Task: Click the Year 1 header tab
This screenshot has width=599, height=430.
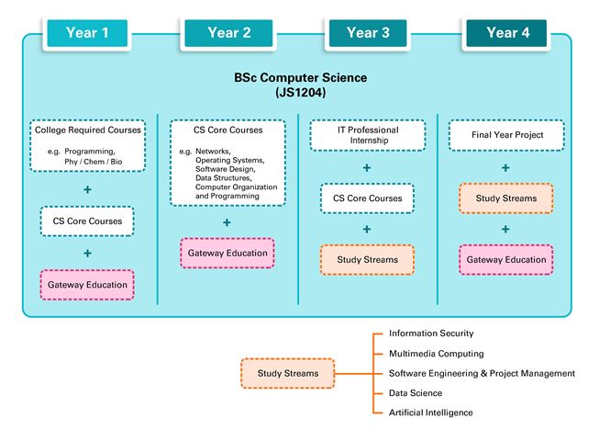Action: pyautogui.click(x=88, y=34)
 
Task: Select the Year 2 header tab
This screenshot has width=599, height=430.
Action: pyautogui.click(x=228, y=34)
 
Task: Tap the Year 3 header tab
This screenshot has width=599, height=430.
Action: pyautogui.click(x=368, y=34)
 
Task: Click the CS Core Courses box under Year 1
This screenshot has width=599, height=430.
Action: pyautogui.click(x=88, y=221)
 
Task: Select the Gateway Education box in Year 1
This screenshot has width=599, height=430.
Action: pyautogui.click(x=88, y=285)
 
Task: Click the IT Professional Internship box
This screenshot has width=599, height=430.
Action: pyautogui.click(x=367, y=136)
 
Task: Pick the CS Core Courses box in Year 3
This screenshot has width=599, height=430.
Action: pyautogui.click(x=367, y=198)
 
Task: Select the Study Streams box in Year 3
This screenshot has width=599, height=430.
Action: pyautogui.click(x=367, y=260)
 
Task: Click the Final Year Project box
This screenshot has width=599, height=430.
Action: pyautogui.click(x=507, y=136)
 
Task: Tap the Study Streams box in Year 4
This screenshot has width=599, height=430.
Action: pyautogui.click(x=507, y=198)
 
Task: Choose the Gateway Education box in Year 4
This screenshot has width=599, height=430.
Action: pyautogui.click(x=507, y=260)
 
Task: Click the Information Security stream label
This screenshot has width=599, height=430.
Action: pyautogui.click(x=431, y=334)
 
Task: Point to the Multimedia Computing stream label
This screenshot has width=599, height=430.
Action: pyautogui.click(x=436, y=354)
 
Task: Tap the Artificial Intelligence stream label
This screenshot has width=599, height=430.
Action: pyautogui.click(x=430, y=413)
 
